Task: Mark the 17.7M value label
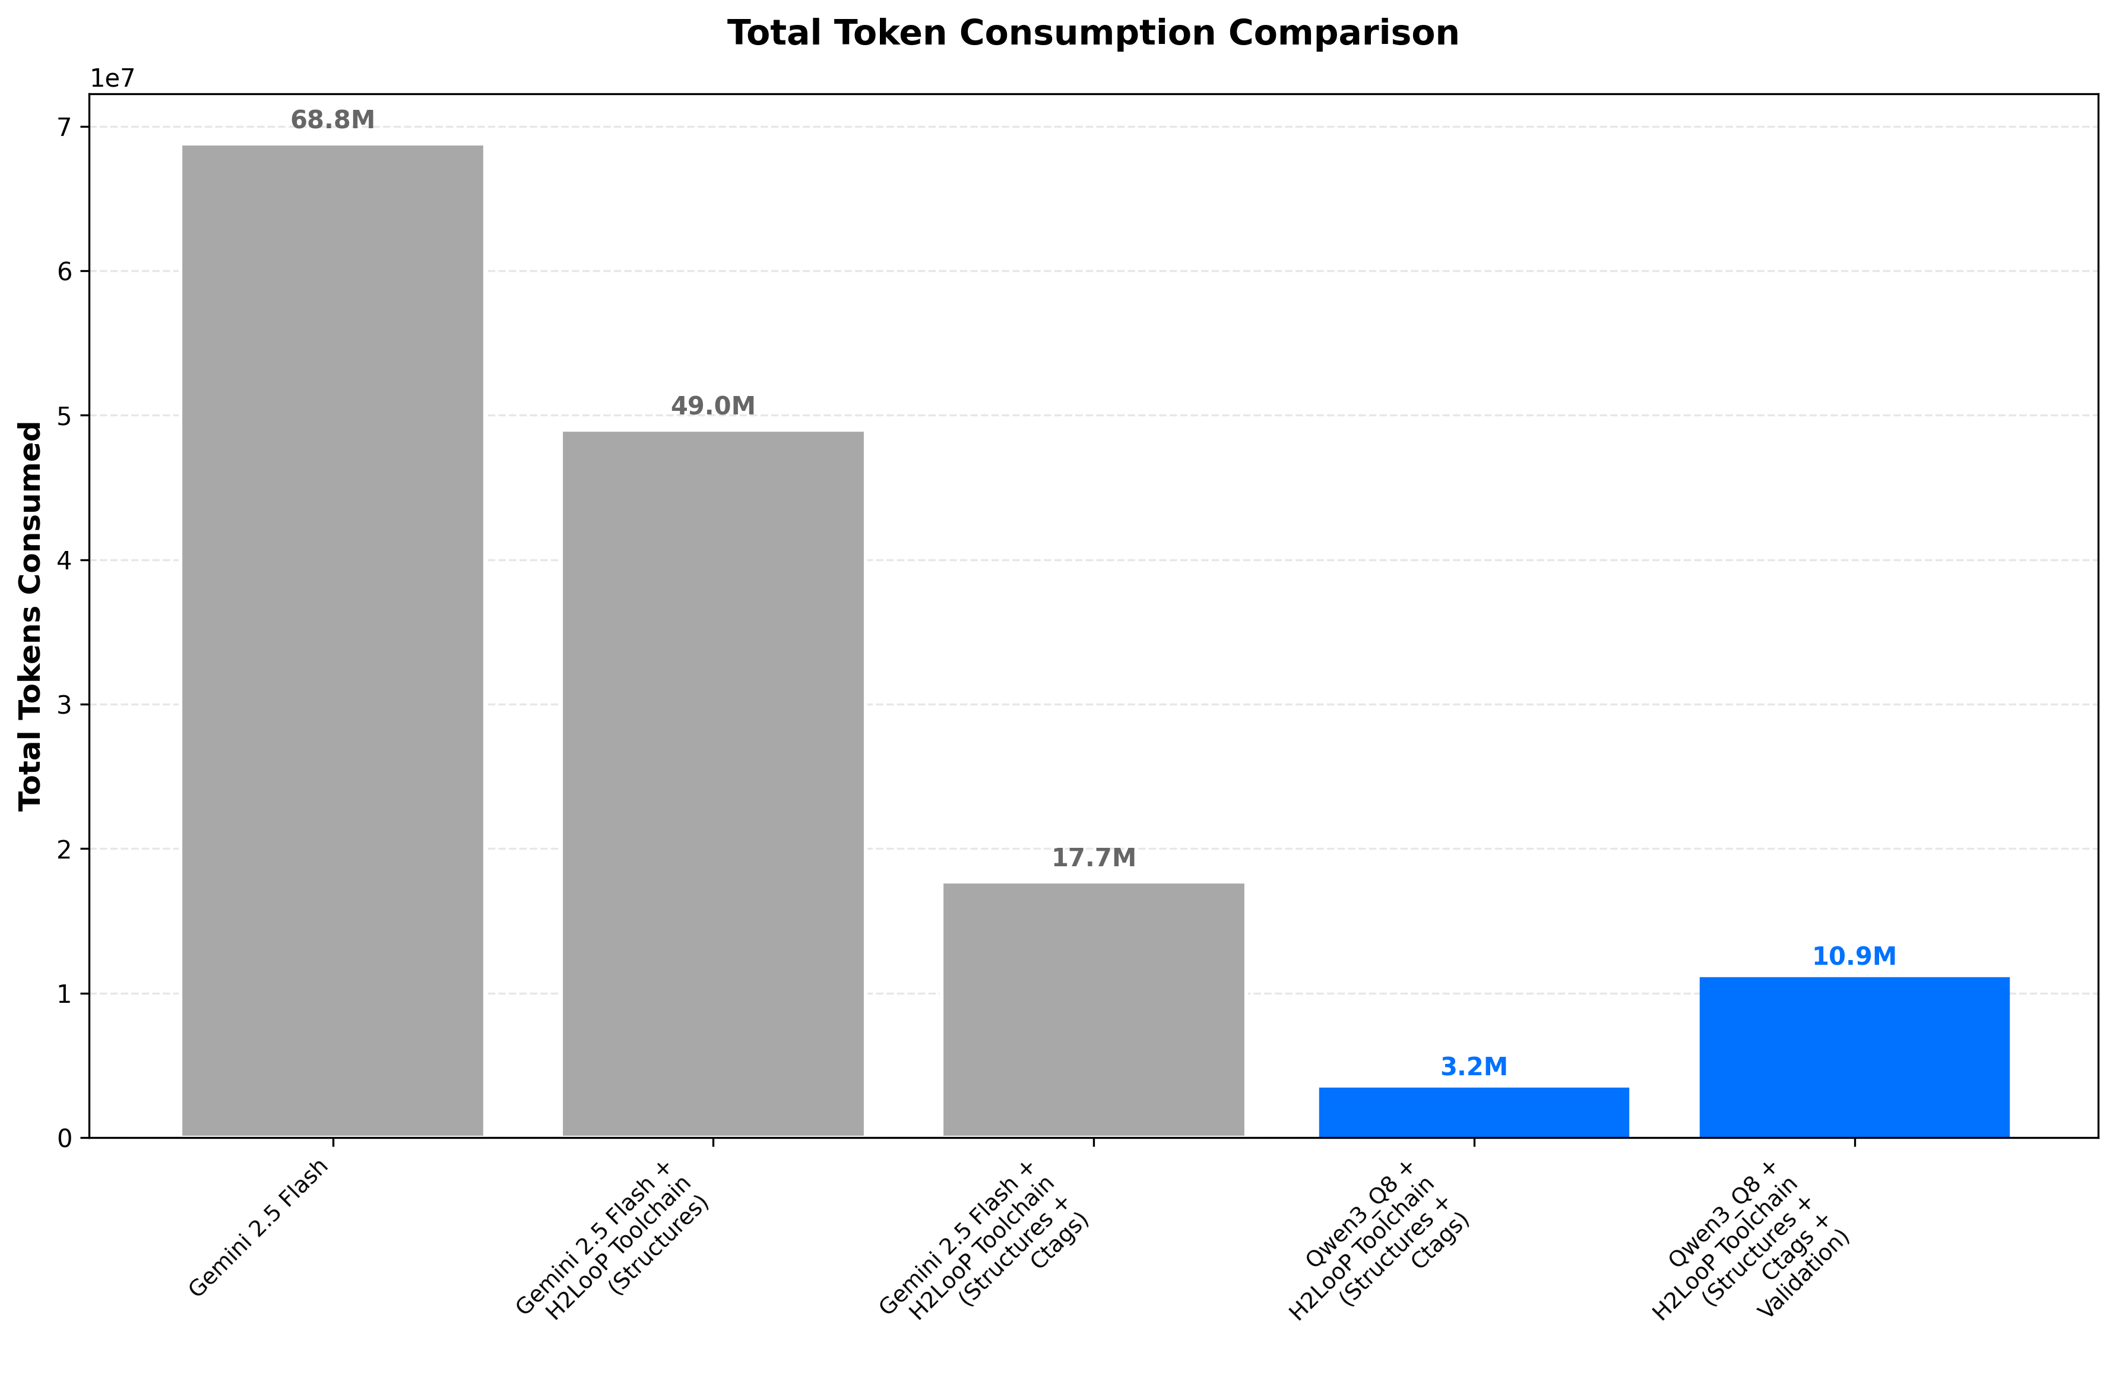(x=1093, y=858)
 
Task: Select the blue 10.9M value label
(x=1854, y=956)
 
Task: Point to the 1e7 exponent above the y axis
(x=112, y=78)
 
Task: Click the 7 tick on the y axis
(x=64, y=128)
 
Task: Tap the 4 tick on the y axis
(x=64, y=560)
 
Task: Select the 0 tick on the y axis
(x=64, y=1138)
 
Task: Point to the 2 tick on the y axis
(x=64, y=849)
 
